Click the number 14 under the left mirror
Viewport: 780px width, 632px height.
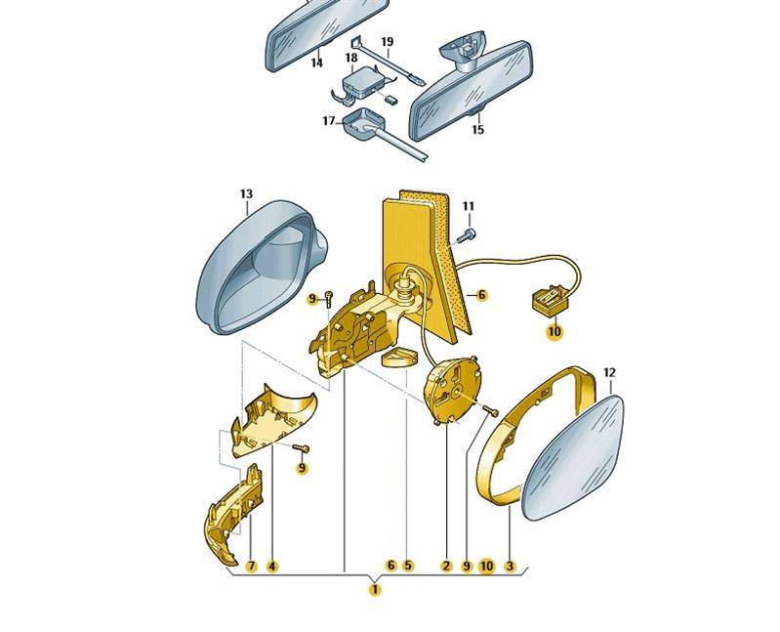pyautogui.click(x=317, y=63)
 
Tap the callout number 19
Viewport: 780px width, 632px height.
pyautogui.click(x=388, y=41)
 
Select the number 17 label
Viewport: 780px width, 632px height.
pyautogui.click(x=329, y=121)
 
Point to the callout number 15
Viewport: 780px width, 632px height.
pyautogui.click(x=477, y=130)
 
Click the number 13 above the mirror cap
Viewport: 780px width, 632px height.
pyautogui.click(x=246, y=193)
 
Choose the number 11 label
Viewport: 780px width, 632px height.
pyautogui.click(x=469, y=206)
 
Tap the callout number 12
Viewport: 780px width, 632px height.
pyautogui.click(x=609, y=372)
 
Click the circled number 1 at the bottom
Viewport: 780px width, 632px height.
pyautogui.click(x=375, y=590)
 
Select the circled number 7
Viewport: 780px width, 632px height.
pyautogui.click(x=252, y=566)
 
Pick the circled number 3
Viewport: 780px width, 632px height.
pyautogui.click(x=510, y=566)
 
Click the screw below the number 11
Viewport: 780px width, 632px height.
pyautogui.click(x=466, y=235)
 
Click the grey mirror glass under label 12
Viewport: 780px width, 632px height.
pyautogui.click(x=574, y=458)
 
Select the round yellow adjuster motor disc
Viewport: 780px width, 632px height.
pyautogui.click(x=451, y=388)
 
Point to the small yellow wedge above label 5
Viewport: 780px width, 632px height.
pyautogui.click(x=396, y=358)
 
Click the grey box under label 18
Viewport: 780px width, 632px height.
pyautogui.click(x=360, y=81)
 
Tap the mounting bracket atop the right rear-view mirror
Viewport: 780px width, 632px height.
pyautogui.click(x=463, y=48)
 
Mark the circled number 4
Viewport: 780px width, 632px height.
pyautogui.click(x=271, y=566)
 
